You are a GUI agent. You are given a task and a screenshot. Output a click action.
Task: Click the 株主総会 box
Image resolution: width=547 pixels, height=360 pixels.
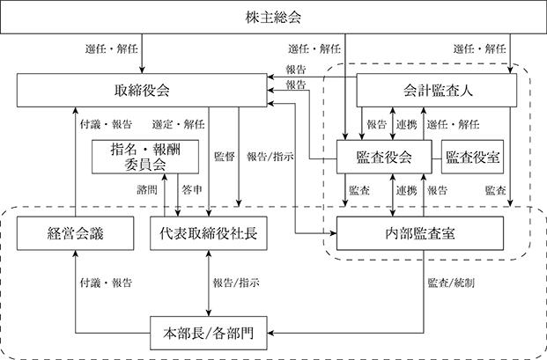click(273, 17)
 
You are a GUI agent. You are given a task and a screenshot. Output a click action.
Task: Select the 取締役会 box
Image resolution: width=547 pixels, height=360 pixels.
click(142, 91)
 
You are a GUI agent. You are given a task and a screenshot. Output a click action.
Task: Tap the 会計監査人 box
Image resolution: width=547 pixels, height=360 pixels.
click(436, 91)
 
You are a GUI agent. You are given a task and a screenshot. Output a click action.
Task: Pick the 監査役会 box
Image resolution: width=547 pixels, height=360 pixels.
click(384, 157)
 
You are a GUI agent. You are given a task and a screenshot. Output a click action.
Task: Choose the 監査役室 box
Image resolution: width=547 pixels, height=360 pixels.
click(472, 157)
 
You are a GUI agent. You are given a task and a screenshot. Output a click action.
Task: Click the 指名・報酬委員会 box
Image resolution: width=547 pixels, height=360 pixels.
click(145, 157)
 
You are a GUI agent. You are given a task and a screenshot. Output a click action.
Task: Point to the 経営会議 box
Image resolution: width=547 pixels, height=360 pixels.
click(75, 233)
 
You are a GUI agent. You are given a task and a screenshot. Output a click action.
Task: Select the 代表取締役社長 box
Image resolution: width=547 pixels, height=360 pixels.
click(209, 233)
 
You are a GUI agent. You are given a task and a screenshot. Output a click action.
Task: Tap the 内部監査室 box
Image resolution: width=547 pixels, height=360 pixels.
click(420, 233)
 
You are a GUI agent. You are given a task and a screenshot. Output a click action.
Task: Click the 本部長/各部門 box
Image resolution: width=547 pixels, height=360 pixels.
click(209, 334)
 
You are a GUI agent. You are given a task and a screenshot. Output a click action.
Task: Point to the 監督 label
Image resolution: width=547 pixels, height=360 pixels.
click(224, 157)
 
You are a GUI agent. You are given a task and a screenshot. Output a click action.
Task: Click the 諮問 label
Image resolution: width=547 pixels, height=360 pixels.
click(147, 190)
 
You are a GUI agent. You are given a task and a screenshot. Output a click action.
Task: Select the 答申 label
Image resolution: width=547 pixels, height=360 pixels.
click(192, 190)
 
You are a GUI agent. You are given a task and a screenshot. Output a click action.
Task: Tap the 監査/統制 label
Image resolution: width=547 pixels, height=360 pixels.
click(451, 283)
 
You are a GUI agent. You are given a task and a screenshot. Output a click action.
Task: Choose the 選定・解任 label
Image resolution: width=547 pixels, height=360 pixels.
click(178, 124)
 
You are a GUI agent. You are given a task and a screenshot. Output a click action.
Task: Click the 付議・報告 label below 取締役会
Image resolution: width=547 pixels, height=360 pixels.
click(106, 124)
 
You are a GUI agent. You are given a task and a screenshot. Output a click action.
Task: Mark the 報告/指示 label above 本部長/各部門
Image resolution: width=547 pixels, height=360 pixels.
click(236, 283)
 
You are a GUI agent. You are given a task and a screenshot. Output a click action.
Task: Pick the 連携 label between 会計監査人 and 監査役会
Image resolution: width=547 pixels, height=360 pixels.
click(406, 124)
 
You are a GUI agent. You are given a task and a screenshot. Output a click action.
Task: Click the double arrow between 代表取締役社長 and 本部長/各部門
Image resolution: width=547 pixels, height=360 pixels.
click(209, 283)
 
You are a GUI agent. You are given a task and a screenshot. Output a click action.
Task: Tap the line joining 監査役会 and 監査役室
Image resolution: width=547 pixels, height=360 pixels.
click(437, 159)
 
